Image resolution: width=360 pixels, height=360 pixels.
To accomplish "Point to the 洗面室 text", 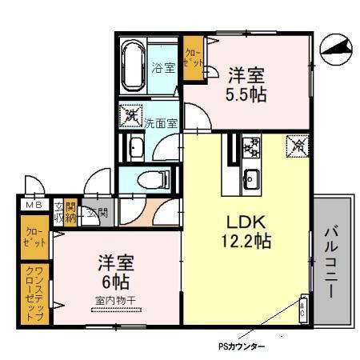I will pos(161,124).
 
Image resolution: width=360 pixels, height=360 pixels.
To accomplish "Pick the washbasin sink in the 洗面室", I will pos(134,147).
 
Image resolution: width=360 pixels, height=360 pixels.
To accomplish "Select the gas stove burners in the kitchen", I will pos(251,147).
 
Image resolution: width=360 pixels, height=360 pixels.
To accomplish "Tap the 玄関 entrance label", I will pos(97,213).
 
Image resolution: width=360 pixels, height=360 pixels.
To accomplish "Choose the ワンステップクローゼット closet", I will pos(34,293).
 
